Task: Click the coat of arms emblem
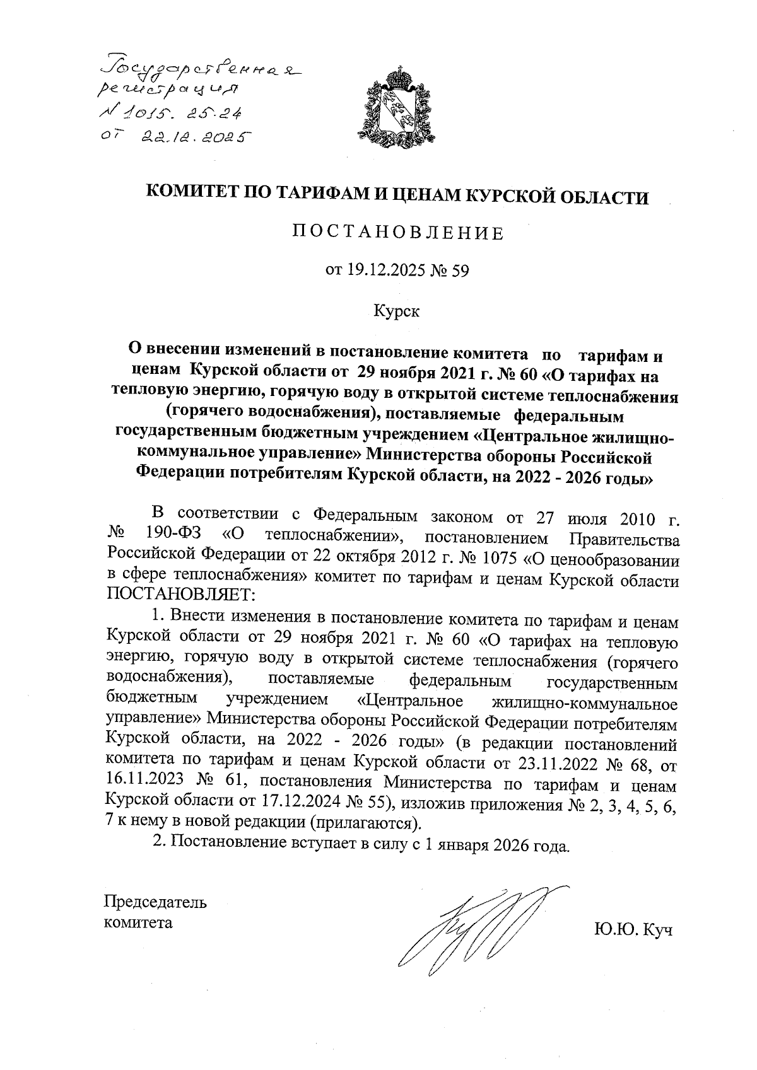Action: [397, 108]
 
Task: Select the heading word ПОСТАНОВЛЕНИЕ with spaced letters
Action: [397, 233]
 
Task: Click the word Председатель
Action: [155, 901]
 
